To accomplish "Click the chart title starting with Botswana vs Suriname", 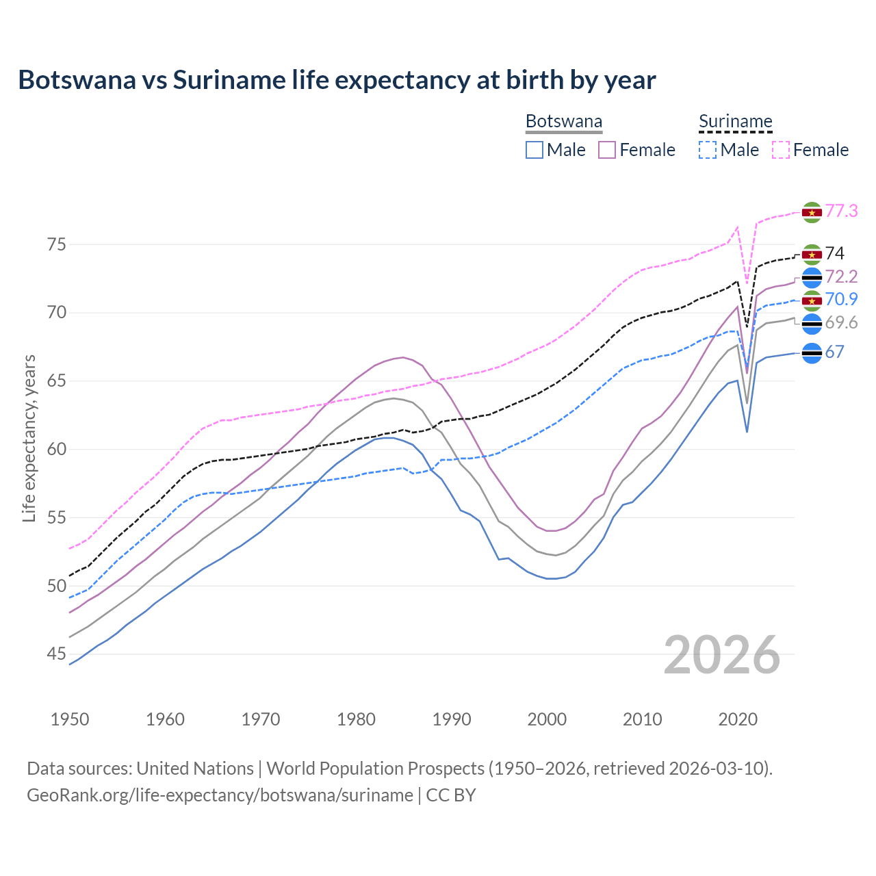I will point(337,80).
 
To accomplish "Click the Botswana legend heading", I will point(564,122).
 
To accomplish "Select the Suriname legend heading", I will point(735,122).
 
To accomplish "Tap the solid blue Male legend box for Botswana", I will point(534,150).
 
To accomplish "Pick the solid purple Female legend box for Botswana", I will point(607,150).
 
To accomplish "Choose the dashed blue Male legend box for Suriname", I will point(708,150).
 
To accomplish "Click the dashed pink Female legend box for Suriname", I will point(781,150).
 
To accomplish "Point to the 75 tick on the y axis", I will point(57,244).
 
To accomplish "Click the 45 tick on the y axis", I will point(57,654).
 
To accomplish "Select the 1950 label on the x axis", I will point(70,719).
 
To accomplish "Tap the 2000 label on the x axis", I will point(547,719).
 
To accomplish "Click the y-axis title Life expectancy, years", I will point(29,438).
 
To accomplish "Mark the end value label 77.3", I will point(841,211).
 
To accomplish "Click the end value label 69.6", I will point(841,323).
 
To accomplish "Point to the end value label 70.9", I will point(841,299).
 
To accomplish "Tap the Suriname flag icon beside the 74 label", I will point(812,255).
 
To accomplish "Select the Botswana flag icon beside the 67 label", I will point(812,353).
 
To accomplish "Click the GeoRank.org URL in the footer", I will point(220,795).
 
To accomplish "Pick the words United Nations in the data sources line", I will point(195,769).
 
